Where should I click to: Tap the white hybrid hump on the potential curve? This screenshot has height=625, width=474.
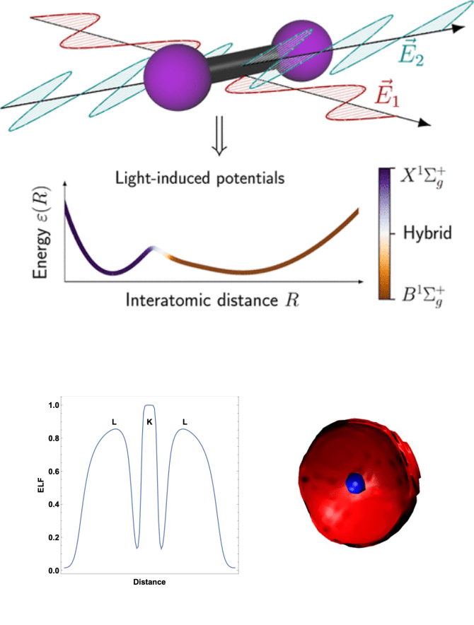(157, 251)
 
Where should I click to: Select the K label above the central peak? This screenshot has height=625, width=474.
(149, 422)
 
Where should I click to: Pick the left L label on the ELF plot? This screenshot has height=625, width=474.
(114, 422)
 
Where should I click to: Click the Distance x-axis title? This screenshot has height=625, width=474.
(149, 583)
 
